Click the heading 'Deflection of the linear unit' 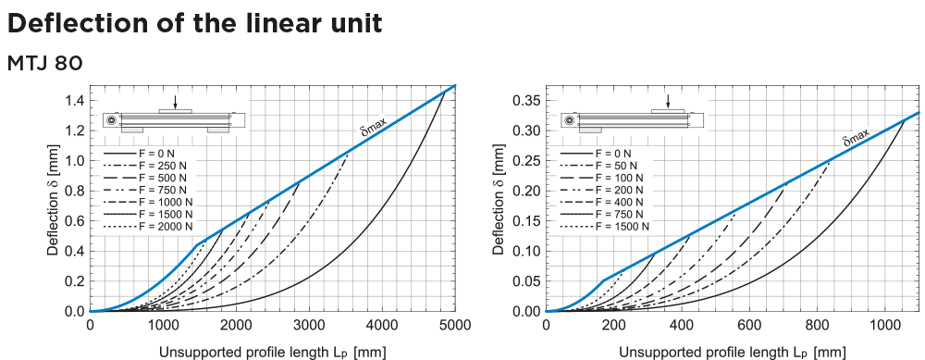[x=194, y=24]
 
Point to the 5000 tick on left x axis [x=455, y=325]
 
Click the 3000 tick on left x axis [x=309, y=325]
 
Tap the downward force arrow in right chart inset [x=668, y=100]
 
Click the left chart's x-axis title [x=272, y=351]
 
